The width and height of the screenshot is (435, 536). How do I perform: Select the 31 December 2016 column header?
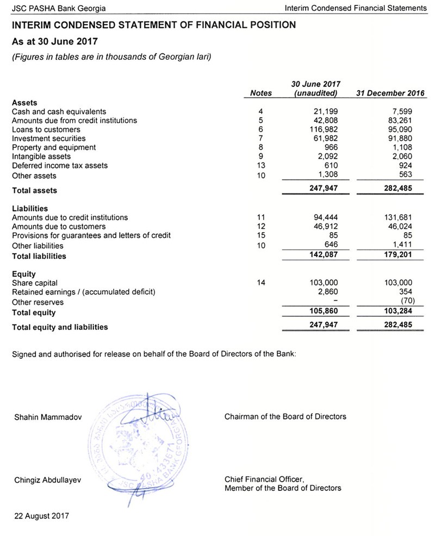[x=383, y=94]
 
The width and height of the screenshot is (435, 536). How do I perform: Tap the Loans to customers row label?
[x=46, y=129]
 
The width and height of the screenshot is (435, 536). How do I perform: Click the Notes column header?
[x=260, y=94]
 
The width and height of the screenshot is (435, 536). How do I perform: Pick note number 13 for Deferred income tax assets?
[x=261, y=165]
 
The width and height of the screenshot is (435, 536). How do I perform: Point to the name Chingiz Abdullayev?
[x=48, y=479]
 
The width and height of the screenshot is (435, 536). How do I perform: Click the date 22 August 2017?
[x=41, y=515]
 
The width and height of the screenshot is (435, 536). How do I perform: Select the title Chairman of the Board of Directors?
[x=285, y=417]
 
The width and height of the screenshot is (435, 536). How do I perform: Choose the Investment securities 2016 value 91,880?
[x=401, y=139]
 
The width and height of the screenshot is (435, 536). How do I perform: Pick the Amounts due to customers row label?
[x=59, y=226]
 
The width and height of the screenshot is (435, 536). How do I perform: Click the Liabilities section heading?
[x=30, y=208]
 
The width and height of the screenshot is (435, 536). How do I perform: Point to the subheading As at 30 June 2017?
[x=52, y=42]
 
